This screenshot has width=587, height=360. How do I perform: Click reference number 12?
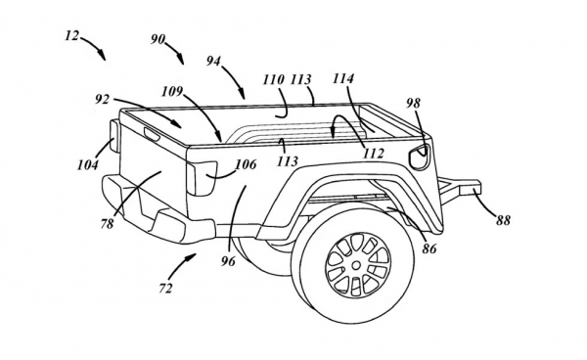click(72, 36)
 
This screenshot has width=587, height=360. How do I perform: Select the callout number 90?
click(158, 39)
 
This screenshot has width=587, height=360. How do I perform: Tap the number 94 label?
click(213, 61)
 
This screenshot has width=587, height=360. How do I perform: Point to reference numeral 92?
click(102, 99)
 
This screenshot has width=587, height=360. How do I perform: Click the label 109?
click(172, 91)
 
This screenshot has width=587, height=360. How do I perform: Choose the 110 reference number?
click(274, 79)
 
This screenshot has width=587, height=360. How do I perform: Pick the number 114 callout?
click(343, 78)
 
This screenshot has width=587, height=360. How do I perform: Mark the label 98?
click(413, 103)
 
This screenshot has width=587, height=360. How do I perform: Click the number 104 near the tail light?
click(88, 164)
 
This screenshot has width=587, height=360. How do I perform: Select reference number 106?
click(246, 164)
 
